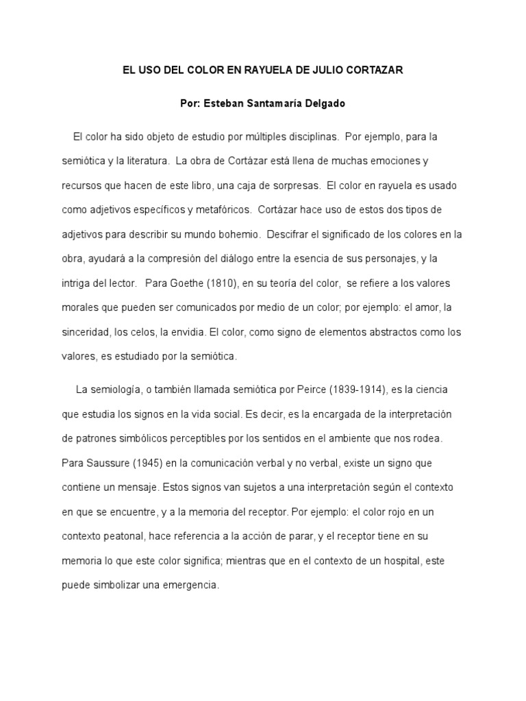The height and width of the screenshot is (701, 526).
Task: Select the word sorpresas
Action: click(x=292, y=186)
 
